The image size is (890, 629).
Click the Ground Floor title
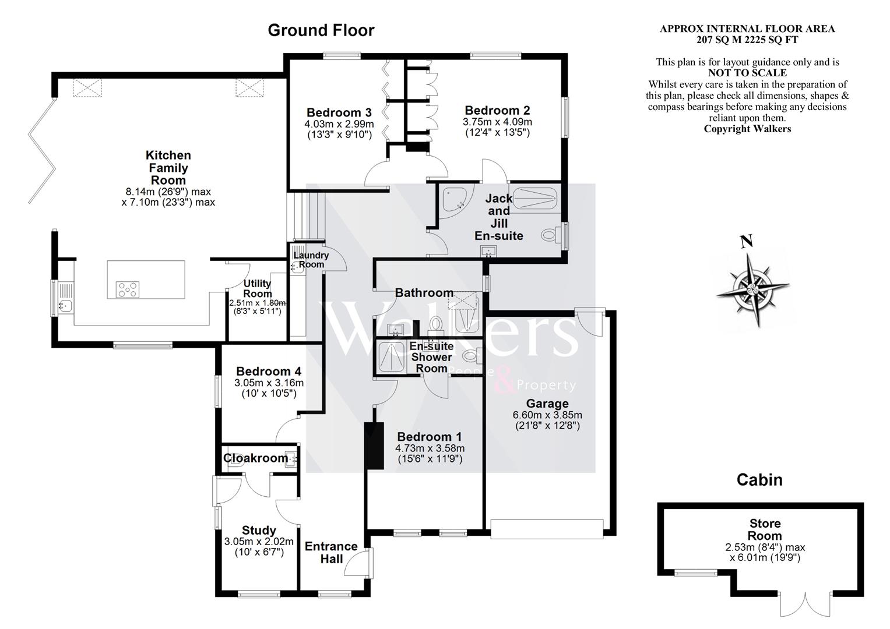click(x=321, y=30)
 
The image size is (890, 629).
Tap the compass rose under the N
click(x=752, y=290)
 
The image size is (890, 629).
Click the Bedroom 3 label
click(x=339, y=112)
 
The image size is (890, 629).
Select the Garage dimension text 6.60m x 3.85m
click(x=547, y=415)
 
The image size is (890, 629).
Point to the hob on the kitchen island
click(x=128, y=289)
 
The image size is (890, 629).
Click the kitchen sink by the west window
click(x=65, y=298)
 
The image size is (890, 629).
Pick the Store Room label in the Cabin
click(x=765, y=529)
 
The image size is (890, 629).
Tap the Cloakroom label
click(x=255, y=458)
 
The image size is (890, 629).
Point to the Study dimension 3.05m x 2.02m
click(x=259, y=541)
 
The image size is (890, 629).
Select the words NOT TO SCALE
click(x=747, y=73)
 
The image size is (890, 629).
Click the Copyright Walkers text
click(x=747, y=129)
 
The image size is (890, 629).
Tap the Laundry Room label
click(x=311, y=260)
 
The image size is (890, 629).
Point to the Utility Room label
click(x=258, y=288)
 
